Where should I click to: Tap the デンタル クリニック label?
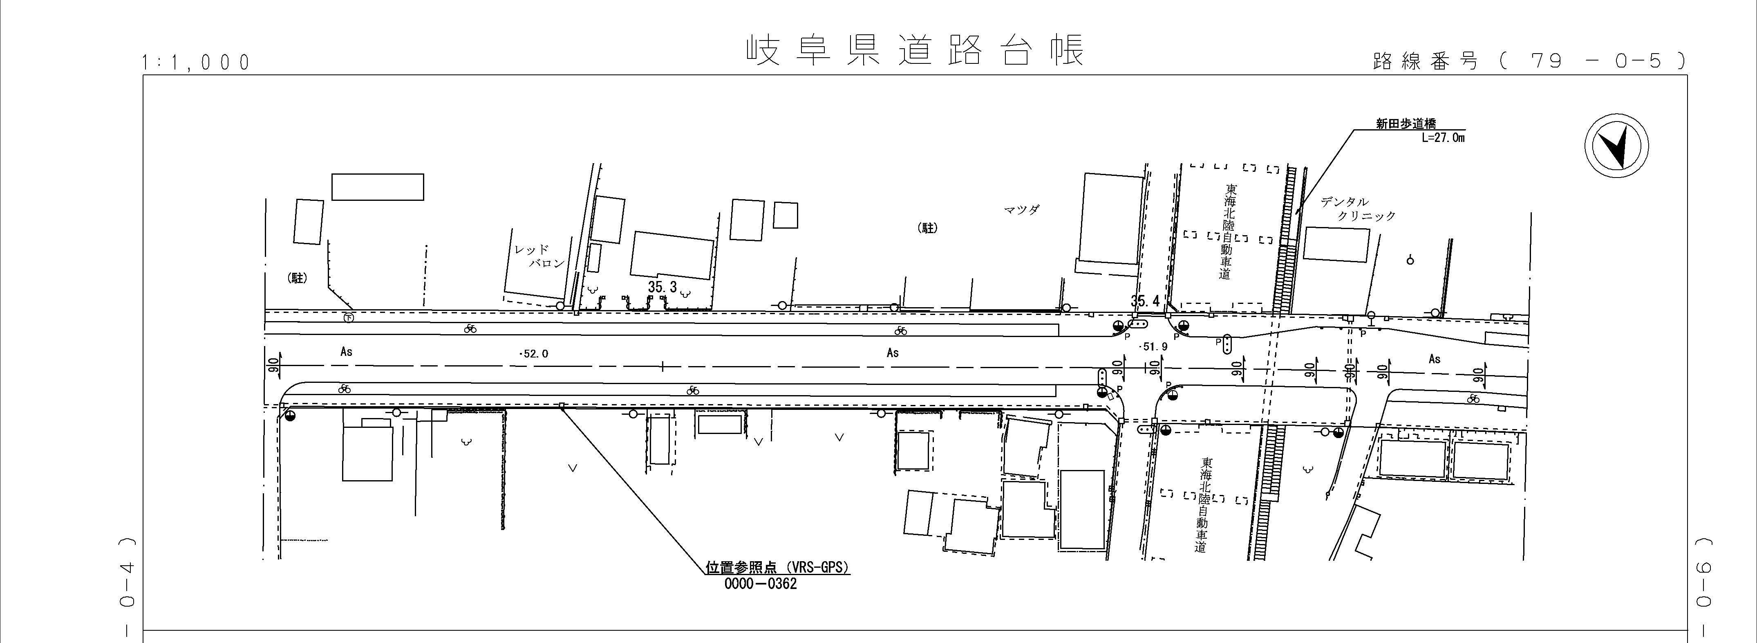click(x=1357, y=209)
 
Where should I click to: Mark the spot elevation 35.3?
click(x=662, y=288)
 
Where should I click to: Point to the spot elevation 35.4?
click(x=1144, y=301)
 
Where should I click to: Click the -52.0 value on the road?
click(x=533, y=353)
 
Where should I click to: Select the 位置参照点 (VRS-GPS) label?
click(x=778, y=567)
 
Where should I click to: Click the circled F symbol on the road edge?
click(x=349, y=317)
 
